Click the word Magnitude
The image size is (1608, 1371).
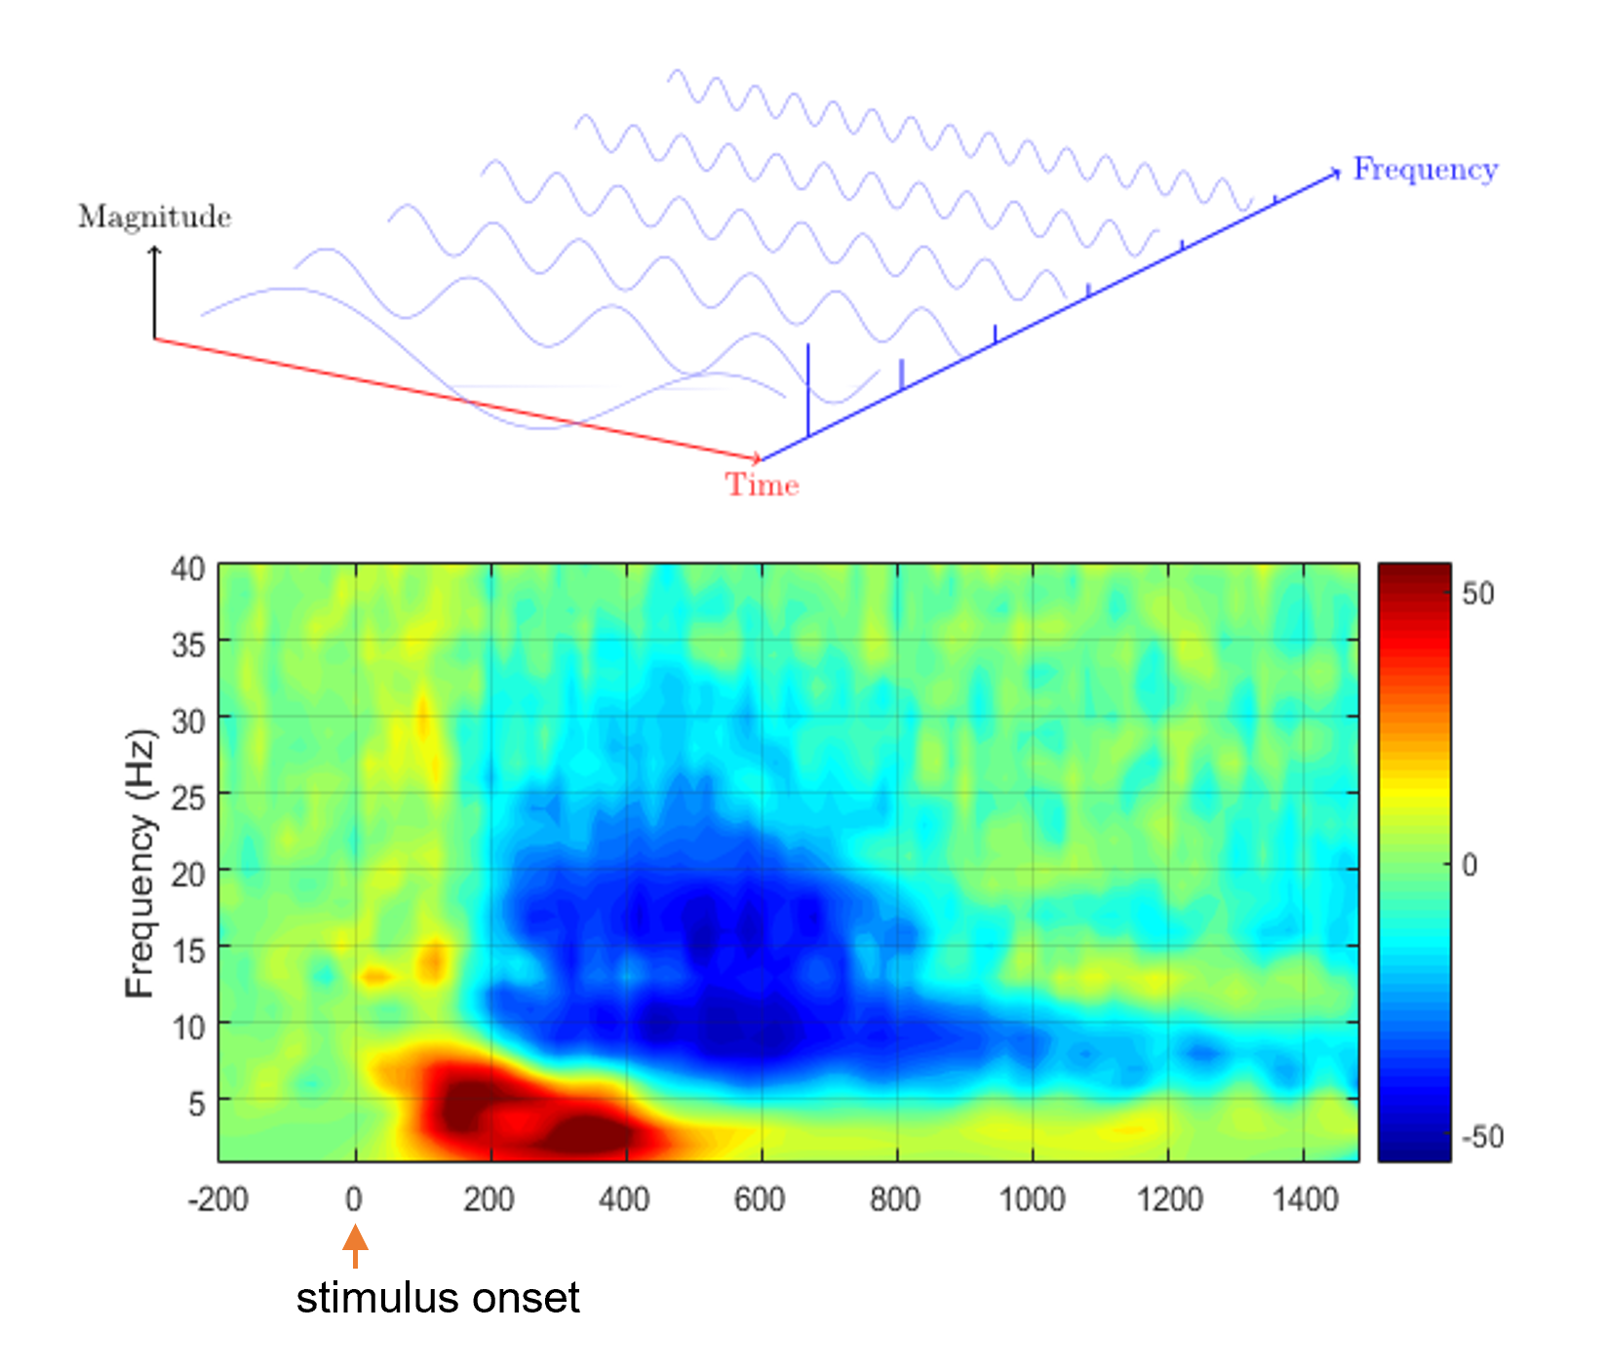point(154,216)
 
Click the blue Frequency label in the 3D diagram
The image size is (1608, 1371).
point(1424,170)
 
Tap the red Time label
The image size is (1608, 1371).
point(762,485)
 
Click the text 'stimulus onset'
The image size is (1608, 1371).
point(438,1298)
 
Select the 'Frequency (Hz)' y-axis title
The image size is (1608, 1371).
point(141,863)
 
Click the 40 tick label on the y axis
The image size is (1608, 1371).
point(187,568)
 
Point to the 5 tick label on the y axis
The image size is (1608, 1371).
point(196,1104)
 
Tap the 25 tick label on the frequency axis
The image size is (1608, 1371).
point(187,798)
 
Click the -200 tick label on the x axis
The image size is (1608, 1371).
point(217,1198)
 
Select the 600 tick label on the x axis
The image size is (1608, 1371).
point(760,1198)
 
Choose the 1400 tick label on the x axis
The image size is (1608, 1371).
point(1305,1198)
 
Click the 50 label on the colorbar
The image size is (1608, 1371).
point(1477,593)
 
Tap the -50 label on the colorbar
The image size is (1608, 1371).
point(1482,1137)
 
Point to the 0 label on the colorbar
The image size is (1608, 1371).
point(1471,865)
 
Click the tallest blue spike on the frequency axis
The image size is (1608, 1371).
point(807,390)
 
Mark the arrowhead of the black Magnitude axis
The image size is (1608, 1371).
point(154,252)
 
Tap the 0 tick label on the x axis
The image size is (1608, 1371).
point(354,1198)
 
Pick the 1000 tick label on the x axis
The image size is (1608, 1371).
point(1032,1198)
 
